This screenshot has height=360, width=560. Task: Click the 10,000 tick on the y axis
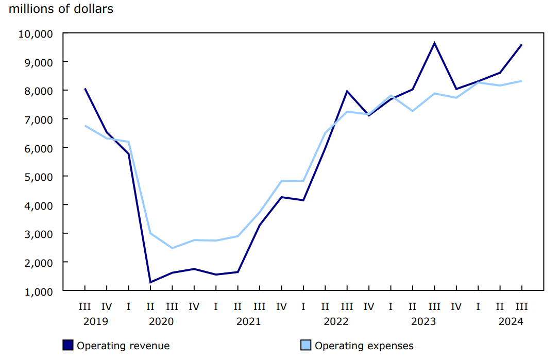coord(35,33)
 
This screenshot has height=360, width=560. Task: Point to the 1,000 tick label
coord(38,291)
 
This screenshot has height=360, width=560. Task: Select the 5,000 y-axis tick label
coord(38,177)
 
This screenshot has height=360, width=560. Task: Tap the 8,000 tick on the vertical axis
coord(38,91)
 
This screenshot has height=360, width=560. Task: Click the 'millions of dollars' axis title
coord(61,9)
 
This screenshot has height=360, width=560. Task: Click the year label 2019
coord(95,321)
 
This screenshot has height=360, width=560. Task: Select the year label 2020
coord(161,321)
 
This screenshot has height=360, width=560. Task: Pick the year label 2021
coord(248,321)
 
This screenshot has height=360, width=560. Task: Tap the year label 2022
coord(336,321)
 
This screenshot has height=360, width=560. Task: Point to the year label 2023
coord(423,321)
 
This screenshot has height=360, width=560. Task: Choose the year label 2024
coord(511,321)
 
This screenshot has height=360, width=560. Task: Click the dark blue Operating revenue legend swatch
coord(68,345)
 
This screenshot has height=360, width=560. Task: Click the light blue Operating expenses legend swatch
coord(306,345)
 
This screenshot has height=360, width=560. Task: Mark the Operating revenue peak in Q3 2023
coord(434,43)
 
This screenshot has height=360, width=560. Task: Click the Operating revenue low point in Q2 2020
coord(150,282)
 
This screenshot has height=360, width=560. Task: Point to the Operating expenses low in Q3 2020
coord(172,248)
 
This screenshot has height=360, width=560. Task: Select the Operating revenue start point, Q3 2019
coord(84,89)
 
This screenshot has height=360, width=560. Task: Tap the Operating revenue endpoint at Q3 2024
coord(522,45)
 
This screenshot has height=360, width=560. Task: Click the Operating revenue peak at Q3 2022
coord(347,91)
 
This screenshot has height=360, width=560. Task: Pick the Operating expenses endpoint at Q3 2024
coord(522,81)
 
